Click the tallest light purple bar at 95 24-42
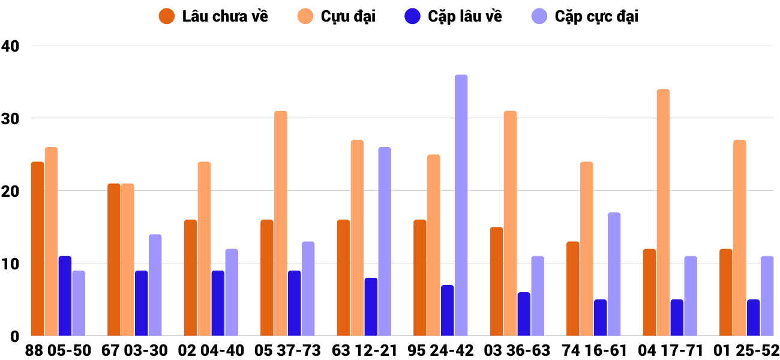click(x=461, y=205)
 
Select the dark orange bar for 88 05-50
click(x=37, y=248)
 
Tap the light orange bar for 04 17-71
click(x=663, y=212)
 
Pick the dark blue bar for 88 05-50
click(x=65, y=296)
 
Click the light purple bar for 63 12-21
click(x=385, y=241)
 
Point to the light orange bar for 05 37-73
click(x=281, y=223)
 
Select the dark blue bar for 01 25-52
click(x=753, y=317)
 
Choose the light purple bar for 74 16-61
click(x=614, y=274)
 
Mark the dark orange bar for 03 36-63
click(x=496, y=281)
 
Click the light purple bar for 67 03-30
click(x=155, y=285)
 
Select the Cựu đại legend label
click(x=348, y=16)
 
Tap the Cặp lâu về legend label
click(x=465, y=16)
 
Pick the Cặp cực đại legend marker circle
click(x=540, y=16)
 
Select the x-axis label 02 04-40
click(x=211, y=350)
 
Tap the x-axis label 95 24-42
click(x=440, y=350)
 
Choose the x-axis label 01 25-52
click(x=746, y=350)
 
